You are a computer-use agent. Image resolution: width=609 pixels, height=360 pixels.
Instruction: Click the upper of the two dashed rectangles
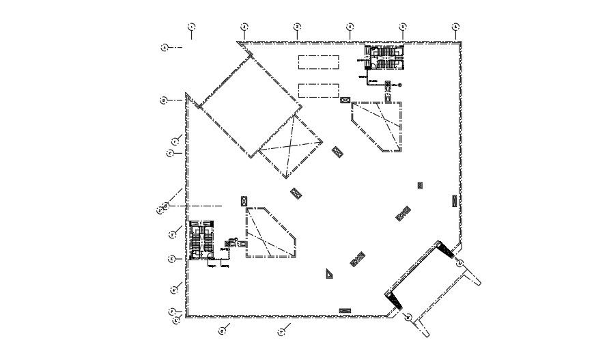(x=318, y=62)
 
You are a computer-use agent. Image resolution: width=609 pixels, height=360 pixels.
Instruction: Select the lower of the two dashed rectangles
(x=318, y=90)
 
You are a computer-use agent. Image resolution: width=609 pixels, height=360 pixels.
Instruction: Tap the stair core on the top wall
(x=384, y=58)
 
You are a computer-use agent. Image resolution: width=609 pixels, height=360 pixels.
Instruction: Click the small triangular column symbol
(x=330, y=274)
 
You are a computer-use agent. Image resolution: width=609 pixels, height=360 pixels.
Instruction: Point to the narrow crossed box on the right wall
(x=455, y=200)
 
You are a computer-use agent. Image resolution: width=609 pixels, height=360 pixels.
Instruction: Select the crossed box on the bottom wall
(x=345, y=311)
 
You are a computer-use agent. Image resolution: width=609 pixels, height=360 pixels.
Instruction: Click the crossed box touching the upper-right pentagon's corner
(x=345, y=100)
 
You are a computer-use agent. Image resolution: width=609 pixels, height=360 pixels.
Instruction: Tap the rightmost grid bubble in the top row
(x=455, y=27)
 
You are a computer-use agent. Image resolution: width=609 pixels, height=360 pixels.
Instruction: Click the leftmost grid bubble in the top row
(x=191, y=27)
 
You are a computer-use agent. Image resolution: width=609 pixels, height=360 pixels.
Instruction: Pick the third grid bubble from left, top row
(x=297, y=27)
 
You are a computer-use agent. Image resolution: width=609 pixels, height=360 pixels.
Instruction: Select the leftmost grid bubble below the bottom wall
(x=222, y=331)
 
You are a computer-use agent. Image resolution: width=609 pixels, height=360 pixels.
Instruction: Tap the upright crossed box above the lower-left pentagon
(x=244, y=201)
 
